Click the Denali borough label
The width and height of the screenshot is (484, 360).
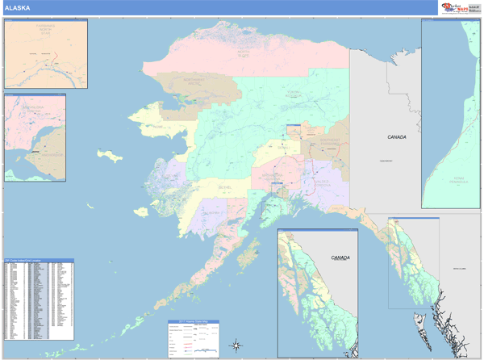pyautogui.click(x=282, y=149)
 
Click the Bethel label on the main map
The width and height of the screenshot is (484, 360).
pyautogui.click(x=226, y=186)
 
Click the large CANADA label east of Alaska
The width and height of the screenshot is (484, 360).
pyautogui.click(x=396, y=137)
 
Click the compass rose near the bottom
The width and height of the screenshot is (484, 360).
pyautogui.click(x=235, y=345)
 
